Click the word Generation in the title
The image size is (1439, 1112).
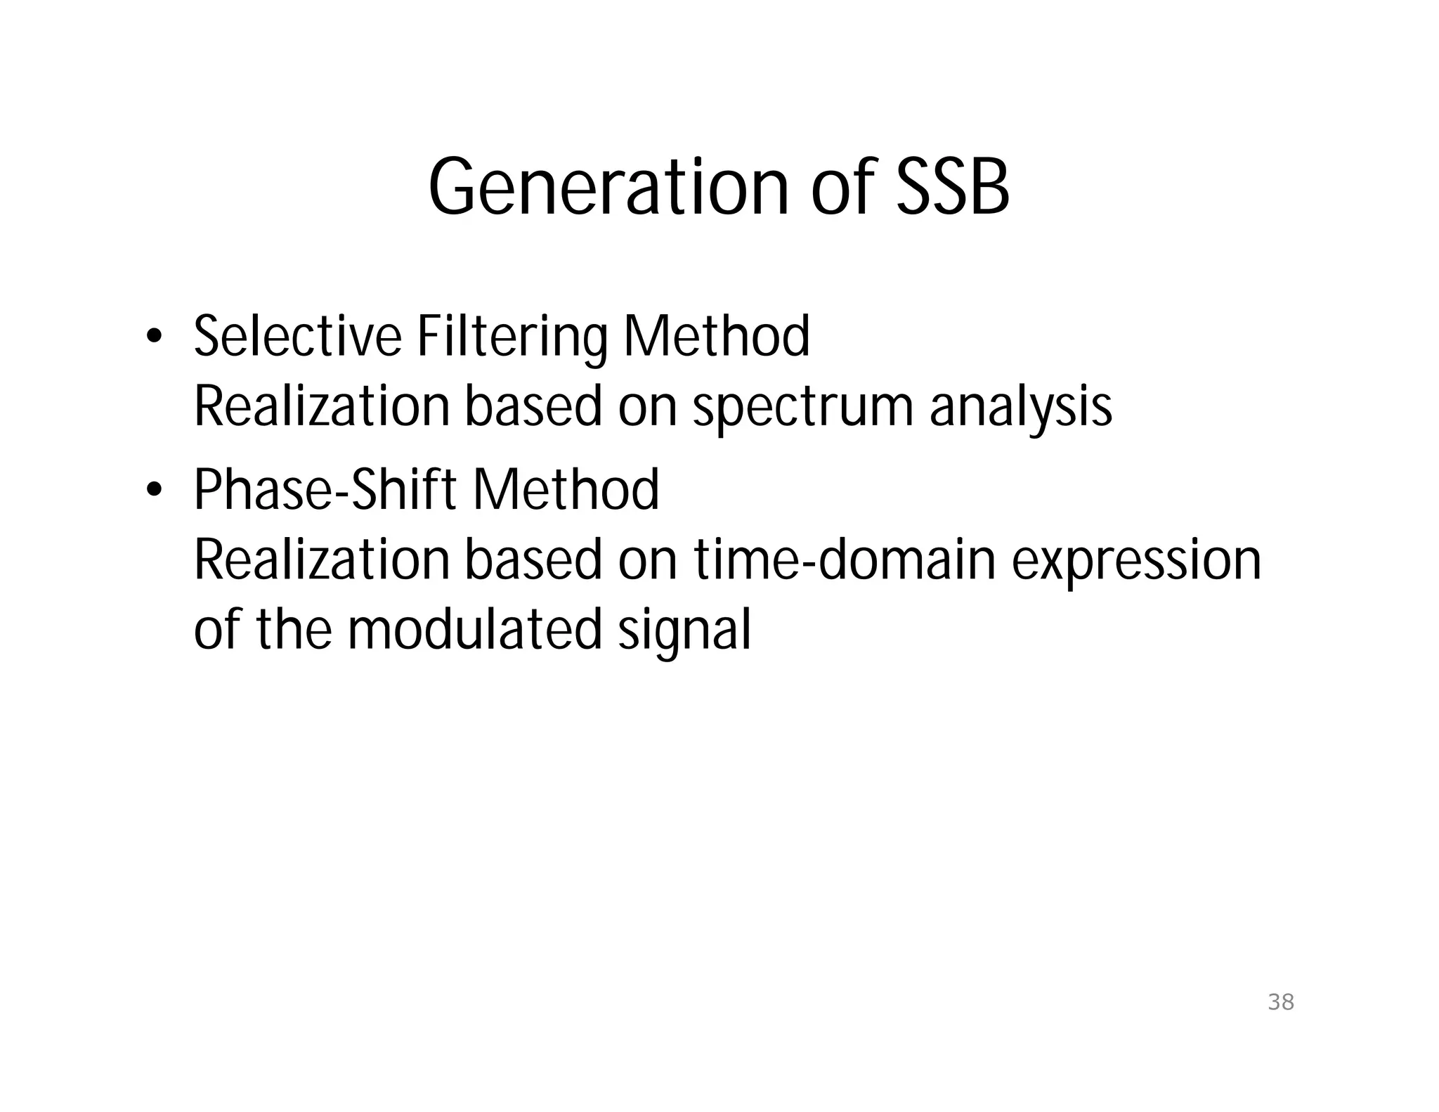click(608, 188)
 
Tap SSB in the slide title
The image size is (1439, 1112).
click(952, 188)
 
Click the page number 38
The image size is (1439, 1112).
click(1281, 1002)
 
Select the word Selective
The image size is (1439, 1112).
click(297, 337)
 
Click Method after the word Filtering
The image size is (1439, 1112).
click(716, 337)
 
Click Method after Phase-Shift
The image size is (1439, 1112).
click(566, 489)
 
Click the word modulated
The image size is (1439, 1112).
click(475, 629)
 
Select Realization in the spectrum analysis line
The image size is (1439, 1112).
click(321, 407)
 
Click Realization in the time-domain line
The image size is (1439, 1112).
click(321, 560)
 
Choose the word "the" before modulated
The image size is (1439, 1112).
click(294, 629)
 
